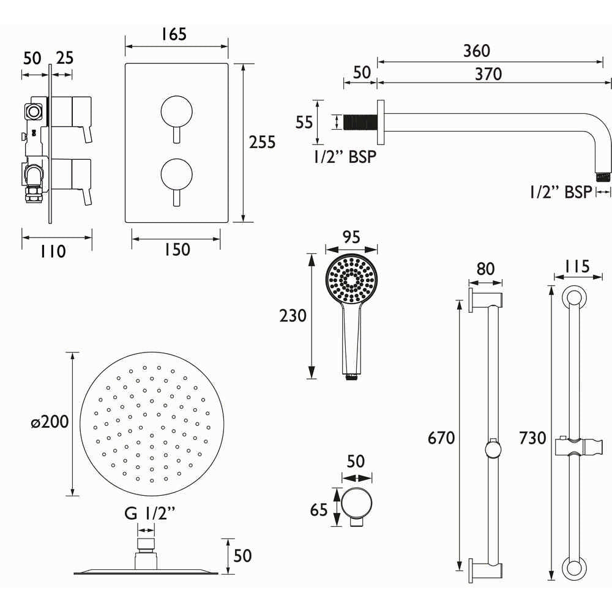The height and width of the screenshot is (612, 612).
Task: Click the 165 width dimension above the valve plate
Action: click(x=174, y=34)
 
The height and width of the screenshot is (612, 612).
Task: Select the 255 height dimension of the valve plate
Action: click(x=263, y=142)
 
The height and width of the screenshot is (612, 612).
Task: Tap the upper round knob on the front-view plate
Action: click(x=176, y=111)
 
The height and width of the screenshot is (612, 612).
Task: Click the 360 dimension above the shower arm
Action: click(x=477, y=51)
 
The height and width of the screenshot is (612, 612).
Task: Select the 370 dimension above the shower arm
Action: click(x=488, y=74)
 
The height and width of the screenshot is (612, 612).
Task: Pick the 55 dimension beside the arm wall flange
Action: click(x=304, y=122)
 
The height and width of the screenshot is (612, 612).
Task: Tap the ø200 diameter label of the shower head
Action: click(x=48, y=422)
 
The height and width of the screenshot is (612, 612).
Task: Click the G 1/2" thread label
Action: click(x=150, y=513)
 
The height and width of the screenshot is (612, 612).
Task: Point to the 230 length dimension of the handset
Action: click(x=293, y=316)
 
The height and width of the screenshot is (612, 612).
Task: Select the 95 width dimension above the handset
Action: click(x=351, y=236)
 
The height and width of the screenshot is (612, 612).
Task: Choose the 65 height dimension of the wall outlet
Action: click(x=319, y=509)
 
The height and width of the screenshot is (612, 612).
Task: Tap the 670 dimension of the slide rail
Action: click(x=441, y=438)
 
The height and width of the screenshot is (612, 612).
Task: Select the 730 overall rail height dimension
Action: click(x=532, y=438)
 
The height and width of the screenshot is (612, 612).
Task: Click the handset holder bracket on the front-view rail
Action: click(x=573, y=447)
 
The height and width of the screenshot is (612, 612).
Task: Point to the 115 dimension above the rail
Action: click(x=573, y=267)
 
